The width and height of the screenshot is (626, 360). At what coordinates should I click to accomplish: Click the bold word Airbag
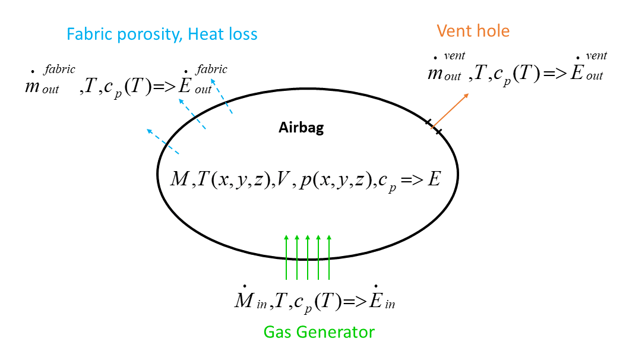point(301,128)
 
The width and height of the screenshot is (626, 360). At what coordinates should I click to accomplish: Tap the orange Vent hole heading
point(473,30)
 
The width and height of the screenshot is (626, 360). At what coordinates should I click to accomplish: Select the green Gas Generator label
point(319,331)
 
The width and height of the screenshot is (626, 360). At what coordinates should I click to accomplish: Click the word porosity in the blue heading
point(151,34)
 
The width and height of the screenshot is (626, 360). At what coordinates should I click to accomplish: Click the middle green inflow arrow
point(308,257)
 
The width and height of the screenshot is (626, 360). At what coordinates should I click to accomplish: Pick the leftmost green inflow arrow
point(286,257)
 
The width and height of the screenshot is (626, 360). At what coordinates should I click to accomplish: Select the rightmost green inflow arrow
point(329,257)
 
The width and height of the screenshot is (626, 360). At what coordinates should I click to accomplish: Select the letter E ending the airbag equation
point(434,178)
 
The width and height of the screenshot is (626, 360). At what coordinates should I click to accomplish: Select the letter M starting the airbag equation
point(179,178)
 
